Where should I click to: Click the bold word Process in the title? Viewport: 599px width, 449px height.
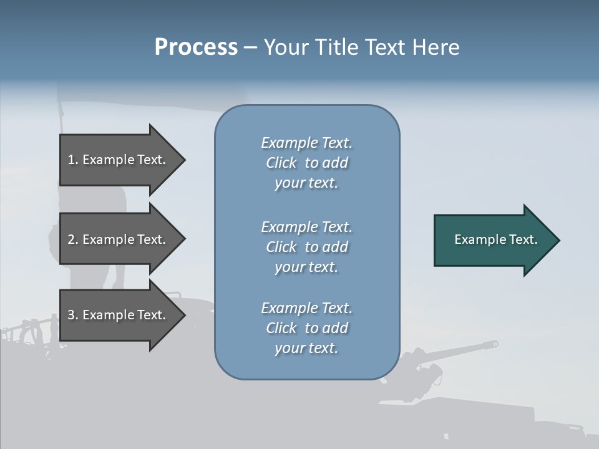pos(196,47)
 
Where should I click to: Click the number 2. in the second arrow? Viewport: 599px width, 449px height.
pos(73,239)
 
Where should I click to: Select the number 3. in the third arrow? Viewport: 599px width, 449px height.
pos(73,315)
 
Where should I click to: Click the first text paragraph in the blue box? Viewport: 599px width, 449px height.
pos(306,163)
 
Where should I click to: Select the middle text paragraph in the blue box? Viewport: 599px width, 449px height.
pos(306,247)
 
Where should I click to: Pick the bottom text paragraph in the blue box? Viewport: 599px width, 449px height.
pos(306,328)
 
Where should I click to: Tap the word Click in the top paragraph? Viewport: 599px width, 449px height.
pos(281,163)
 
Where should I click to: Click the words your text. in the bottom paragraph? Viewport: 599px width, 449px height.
pos(306,348)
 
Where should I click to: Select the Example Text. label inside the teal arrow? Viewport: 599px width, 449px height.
pos(496,239)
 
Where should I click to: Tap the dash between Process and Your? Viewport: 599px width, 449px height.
pos(251,47)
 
